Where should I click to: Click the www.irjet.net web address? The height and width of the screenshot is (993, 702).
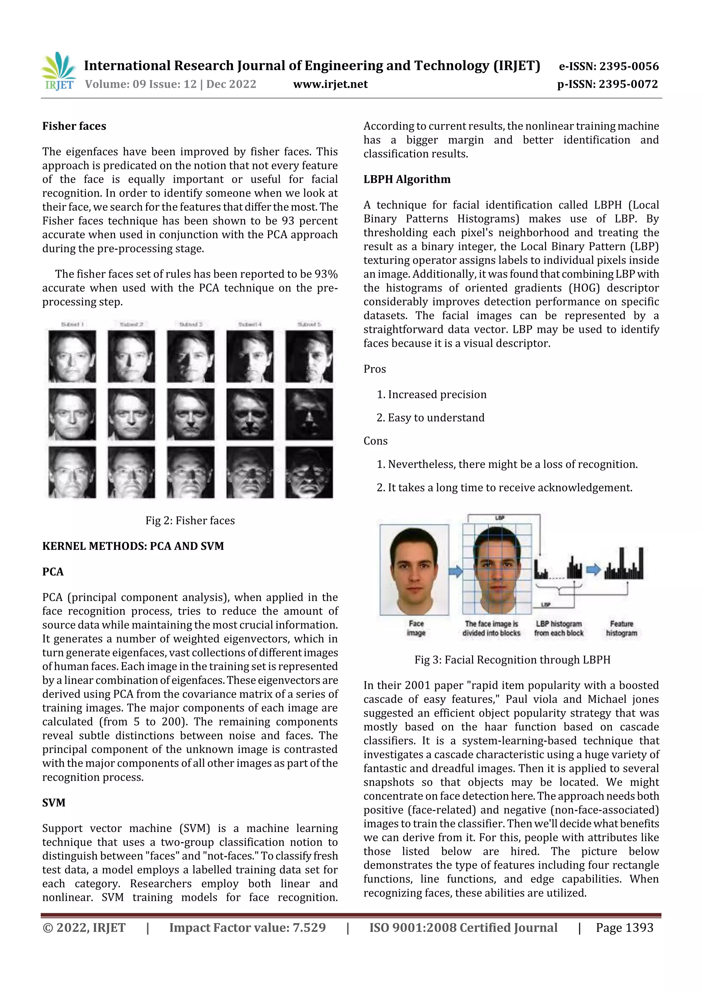point(330,84)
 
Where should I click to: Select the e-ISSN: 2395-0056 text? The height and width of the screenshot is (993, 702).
point(608,66)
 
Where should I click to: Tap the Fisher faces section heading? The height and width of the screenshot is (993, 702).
point(74,126)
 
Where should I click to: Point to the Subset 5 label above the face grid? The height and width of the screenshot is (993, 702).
point(309,324)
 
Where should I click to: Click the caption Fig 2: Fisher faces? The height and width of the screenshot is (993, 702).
point(190,520)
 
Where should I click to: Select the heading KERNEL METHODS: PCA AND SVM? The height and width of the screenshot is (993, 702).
point(133,546)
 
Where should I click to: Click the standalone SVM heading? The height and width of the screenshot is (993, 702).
point(53,802)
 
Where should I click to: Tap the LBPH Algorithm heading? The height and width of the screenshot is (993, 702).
point(407,179)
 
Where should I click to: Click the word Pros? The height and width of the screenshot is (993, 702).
point(374,369)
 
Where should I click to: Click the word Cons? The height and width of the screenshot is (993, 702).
point(375,441)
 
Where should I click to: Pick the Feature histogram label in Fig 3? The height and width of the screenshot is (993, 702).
point(621,628)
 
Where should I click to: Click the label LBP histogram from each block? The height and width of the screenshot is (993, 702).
point(558,628)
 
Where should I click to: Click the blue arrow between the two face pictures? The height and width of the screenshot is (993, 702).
point(456,571)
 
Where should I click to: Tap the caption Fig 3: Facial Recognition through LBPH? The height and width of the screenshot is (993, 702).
point(512,659)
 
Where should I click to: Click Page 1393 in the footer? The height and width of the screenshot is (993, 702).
point(624,927)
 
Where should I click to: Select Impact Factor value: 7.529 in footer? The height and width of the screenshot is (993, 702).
point(247,927)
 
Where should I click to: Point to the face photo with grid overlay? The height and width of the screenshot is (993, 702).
point(497,569)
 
